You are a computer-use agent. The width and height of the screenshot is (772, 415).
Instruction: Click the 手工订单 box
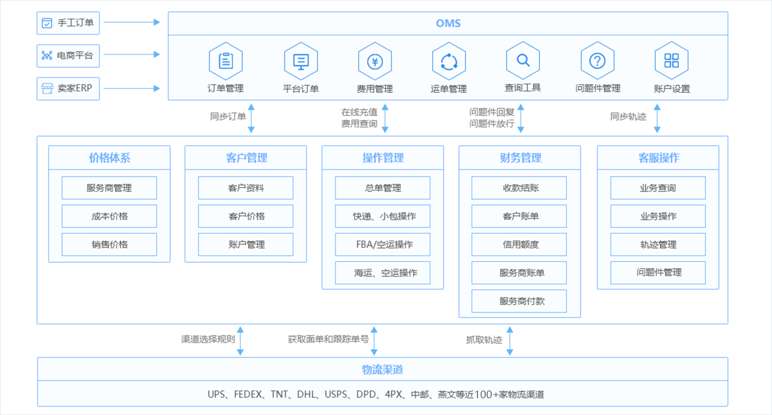click(x=68, y=23)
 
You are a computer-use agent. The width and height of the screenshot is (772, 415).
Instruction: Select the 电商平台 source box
click(x=68, y=55)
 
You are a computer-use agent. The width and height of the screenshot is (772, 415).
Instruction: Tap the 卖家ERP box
click(x=68, y=88)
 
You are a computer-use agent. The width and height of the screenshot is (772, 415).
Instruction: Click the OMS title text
click(x=448, y=24)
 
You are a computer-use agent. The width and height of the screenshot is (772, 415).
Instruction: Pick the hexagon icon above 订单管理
click(x=226, y=61)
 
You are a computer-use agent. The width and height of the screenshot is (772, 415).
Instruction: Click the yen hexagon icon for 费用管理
click(x=375, y=61)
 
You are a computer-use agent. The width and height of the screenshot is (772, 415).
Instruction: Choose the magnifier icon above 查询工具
click(x=523, y=60)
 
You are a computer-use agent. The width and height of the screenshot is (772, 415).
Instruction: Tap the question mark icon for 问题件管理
click(x=598, y=61)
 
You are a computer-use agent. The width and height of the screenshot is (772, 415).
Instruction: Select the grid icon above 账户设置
click(x=672, y=61)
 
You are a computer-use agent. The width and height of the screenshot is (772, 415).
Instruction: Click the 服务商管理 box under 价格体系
click(x=109, y=188)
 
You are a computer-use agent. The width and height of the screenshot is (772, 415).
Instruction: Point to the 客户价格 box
click(x=246, y=216)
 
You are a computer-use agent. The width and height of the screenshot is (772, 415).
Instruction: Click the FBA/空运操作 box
click(x=383, y=244)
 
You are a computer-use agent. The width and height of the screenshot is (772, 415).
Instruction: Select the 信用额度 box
click(x=519, y=244)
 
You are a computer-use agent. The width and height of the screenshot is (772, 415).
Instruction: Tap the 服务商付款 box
click(x=519, y=300)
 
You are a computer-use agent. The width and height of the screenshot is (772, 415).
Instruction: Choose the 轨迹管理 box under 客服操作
click(x=657, y=244)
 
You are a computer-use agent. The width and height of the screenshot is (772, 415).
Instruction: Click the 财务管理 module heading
click(x=520, y=158)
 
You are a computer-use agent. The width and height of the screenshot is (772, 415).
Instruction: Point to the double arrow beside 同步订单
click(x=252, y=117)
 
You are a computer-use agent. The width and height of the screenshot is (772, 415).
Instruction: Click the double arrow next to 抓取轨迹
click(x=510, y=340)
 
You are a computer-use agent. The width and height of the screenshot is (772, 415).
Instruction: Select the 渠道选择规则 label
click(x=208, y=339)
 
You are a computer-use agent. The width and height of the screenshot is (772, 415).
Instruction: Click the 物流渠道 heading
click(x=383, y=369)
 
